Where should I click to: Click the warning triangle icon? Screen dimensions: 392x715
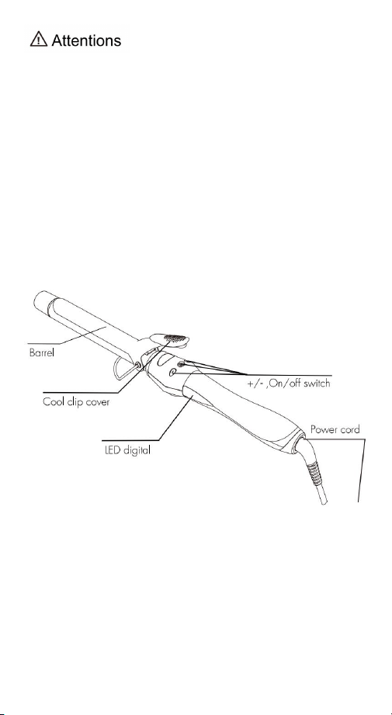coord(39,40)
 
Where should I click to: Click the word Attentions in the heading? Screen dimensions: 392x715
coord(86,40)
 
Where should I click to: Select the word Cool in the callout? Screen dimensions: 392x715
coord(53,403)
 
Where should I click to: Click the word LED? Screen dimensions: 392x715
coord(109,451)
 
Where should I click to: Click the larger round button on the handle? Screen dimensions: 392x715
coord(172,373)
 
